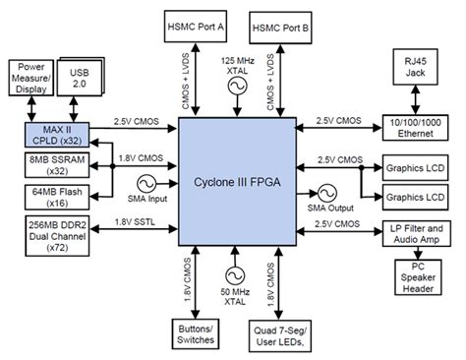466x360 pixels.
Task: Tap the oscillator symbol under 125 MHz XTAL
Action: coord(235,87)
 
